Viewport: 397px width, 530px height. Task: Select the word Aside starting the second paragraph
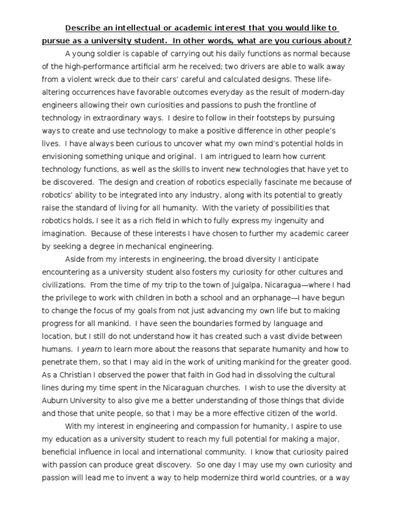[75, 259]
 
